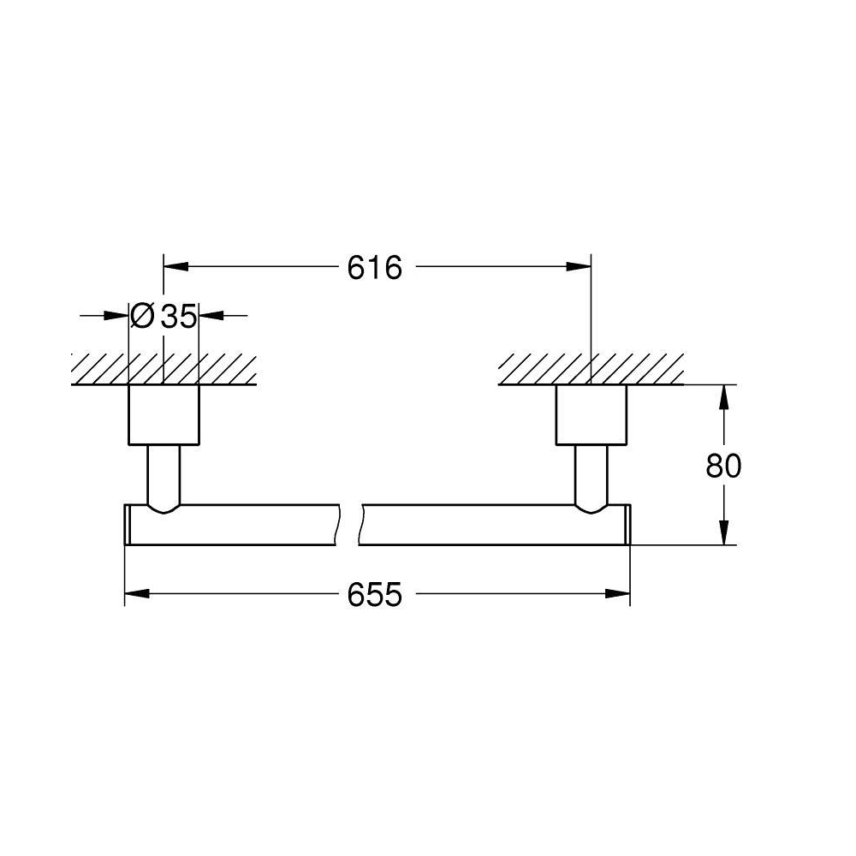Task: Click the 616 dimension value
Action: point(375,267)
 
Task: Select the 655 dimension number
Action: point(375,595)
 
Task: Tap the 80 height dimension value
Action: point(723,467)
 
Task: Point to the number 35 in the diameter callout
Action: point(179,316)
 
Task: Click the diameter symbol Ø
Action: point(142,316)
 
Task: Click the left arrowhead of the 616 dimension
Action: point(175,267)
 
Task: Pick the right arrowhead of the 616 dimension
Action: point(579,267)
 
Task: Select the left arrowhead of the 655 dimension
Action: point(137,593)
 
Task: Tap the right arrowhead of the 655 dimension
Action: point(618,593)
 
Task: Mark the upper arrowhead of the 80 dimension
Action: point(723,397)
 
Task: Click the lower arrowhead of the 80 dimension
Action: point(723,532)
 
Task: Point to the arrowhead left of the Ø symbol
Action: point(116,315)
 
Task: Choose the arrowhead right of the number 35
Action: point(211,315)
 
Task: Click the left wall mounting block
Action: point(163,415)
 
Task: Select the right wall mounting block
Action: point(591,415)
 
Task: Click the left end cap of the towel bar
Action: point(128,525)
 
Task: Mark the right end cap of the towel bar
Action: point(627,525)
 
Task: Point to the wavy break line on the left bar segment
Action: point(338,525)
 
